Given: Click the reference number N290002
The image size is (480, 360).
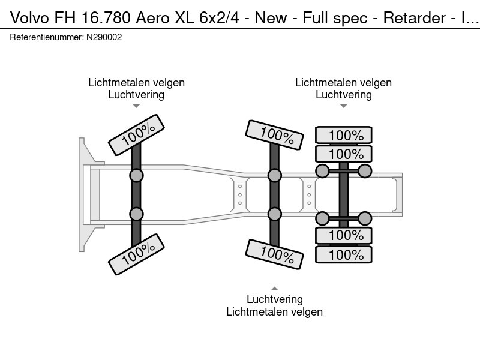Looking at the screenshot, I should click(x=105, y=37).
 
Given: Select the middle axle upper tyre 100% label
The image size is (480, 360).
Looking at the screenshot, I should click(x=274, y=136).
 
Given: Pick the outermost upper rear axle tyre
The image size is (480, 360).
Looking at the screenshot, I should click(x=344, y=135).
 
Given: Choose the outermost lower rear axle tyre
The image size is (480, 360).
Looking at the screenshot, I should click(x=344, y=254).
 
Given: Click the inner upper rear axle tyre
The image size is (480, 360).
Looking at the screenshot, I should click(x=344, y=154).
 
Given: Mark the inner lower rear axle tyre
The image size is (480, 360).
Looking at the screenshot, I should click(x=344, y=235).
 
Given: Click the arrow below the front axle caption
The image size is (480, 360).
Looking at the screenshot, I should click(x=136, y=106).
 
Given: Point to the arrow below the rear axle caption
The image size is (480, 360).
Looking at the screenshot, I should click(x=344, y=106).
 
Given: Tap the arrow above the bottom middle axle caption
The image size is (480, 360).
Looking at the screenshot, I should click(x=274, y=288).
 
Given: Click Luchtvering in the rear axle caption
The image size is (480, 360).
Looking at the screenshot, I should click(x=344, y=94).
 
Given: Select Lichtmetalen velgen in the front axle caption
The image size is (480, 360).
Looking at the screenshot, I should click(x=136, y=83).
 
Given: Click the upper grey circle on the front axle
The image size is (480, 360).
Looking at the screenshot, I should click(x=136, y=175).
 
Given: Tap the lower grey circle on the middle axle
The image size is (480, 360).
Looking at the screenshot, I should click(x=274, y=214).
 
